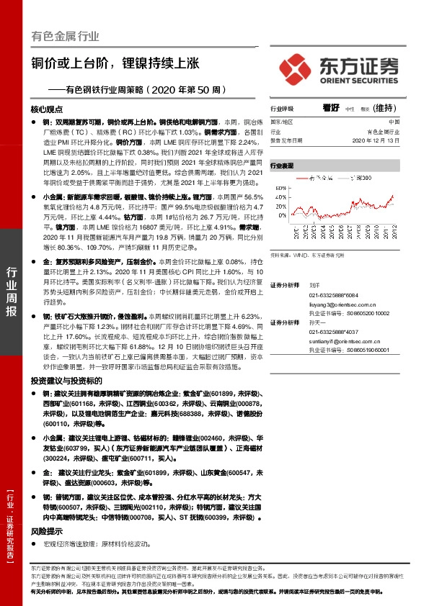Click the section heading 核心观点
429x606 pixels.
(48, 109)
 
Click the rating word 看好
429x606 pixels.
(331, 107)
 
